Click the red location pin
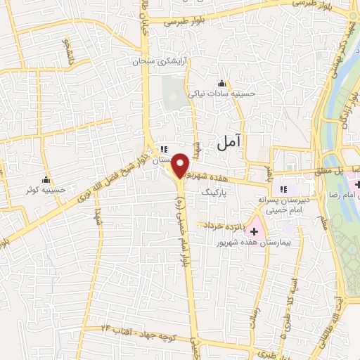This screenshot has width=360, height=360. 181,164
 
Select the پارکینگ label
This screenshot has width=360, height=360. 216,191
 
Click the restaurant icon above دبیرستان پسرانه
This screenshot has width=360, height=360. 284,188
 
